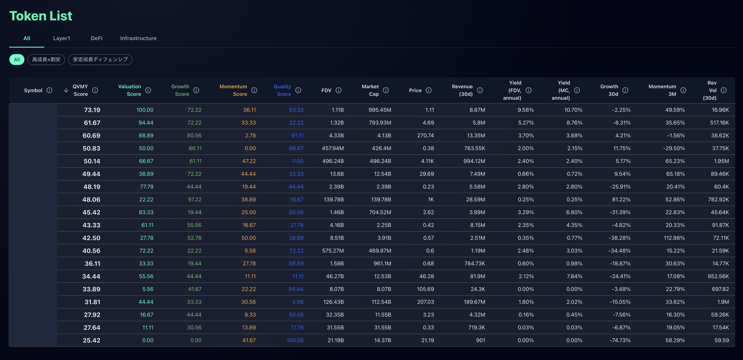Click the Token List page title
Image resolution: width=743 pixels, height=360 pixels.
coord(41,16)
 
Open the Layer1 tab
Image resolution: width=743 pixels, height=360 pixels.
coord(61,38)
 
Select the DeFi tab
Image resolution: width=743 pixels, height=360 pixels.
coord(96,38)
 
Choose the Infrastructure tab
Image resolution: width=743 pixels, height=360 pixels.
coord(138,38)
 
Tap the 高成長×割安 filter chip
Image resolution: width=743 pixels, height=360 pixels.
coord(46,59)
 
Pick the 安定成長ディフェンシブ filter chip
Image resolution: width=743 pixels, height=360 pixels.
coord(100,59)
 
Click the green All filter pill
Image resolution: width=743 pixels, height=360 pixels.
coord(17,59)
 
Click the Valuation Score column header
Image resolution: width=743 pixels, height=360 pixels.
coord(130,90)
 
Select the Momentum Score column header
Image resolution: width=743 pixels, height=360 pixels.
coord(233,90)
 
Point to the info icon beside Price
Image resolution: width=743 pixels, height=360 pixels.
coord(429,90)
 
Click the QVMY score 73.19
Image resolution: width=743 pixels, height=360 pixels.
coord(92,110)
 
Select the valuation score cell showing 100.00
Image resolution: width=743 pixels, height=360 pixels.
coord(145,110)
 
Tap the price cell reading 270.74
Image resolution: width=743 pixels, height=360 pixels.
coord(425,136)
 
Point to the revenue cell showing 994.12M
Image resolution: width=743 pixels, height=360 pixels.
coord(474,161)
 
